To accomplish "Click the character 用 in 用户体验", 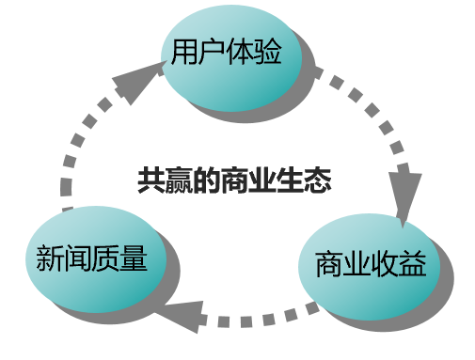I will pyautogui.click(x=185, y=53).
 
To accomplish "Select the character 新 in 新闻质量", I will pyautogui.click(x=49, y=258).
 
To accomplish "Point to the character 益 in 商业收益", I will pyautogui.click(x=413, y=265).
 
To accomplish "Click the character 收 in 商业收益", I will pyautogui.click(x=385, y=265).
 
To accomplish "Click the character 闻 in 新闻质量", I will pyautogui.click(x=77, y=258).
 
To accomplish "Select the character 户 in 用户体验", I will pyautogui.click(x=214, y=53).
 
